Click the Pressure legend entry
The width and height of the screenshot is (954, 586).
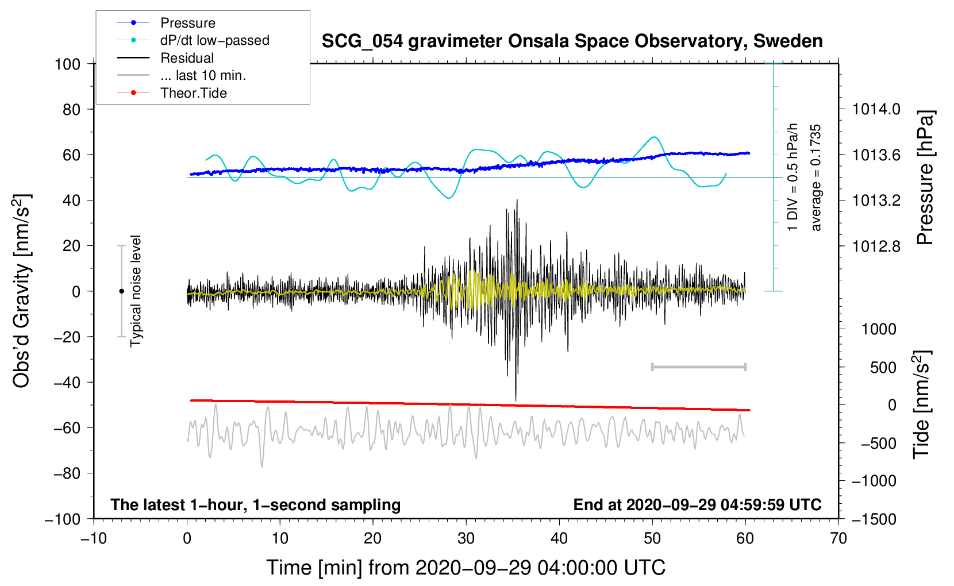point(166,22)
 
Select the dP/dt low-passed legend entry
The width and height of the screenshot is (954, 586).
point(193,40)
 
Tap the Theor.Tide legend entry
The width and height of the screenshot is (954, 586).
point(172,93)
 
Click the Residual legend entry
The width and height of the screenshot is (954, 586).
point(166,57)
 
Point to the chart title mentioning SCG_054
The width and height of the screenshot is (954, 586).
point(572,41)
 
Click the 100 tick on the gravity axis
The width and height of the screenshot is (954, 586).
point(68,64)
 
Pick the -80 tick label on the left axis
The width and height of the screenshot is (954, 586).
point(67,473)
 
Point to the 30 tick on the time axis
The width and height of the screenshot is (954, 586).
point(466,538)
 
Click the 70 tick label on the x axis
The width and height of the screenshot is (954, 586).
point(838,538)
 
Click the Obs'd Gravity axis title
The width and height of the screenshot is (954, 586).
point(21,291)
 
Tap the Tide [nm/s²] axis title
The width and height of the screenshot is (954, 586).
point(922,404)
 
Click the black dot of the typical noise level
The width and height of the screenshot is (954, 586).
point(121,291)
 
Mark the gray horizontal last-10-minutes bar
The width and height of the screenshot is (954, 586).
point(698,367)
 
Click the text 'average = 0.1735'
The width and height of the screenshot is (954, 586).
point(815,178)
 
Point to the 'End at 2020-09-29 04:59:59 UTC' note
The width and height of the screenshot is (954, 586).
point(697,504)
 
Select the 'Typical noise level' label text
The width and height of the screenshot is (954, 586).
point(136,291)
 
